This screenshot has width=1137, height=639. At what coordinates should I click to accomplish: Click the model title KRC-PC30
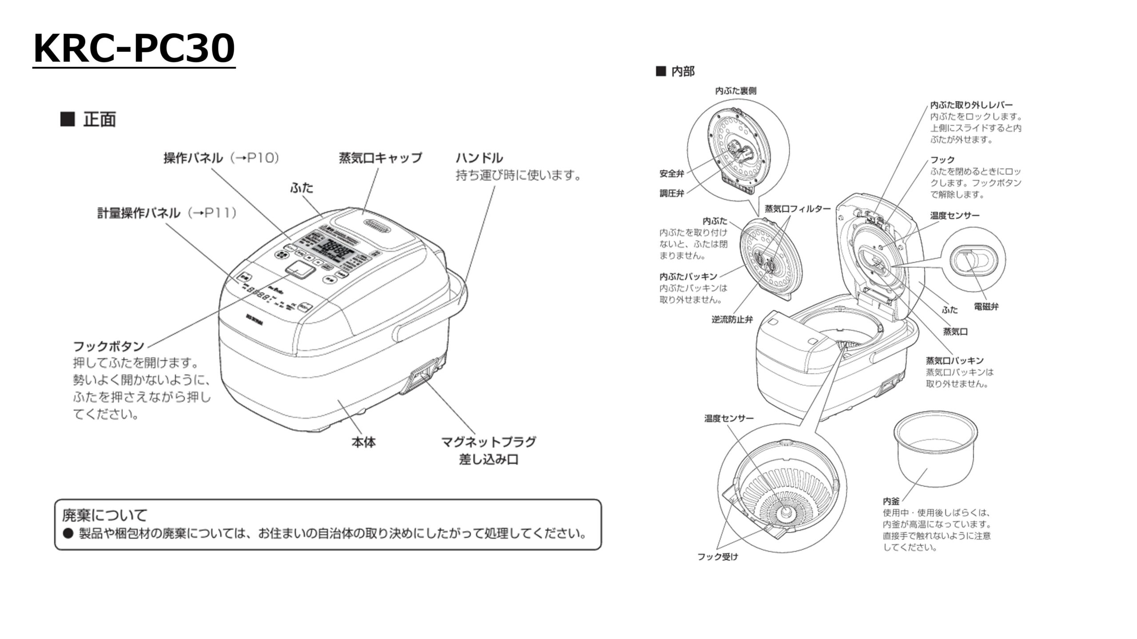click(x=134, y=49)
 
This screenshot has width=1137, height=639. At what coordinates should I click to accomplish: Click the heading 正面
click(x=99, y=119)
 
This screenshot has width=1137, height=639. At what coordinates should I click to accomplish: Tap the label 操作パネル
click(x=193, y=158)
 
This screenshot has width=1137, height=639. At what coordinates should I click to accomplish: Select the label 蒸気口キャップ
click(x=380, y=158)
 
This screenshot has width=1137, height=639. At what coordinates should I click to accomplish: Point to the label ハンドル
click(x=479, y=158)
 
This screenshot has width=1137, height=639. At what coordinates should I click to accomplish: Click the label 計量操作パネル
click(x=139, y=213)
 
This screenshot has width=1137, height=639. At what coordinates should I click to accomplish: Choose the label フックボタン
click(x=108, y=346)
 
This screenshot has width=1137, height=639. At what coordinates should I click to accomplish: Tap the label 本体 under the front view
click(x=363, y=442)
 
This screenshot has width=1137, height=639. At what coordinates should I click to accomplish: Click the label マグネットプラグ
click(x=489, y=442)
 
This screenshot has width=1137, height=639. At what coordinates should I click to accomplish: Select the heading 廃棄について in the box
click(x=105, y=515)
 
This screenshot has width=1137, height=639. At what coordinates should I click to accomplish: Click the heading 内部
click(x=682, y=71)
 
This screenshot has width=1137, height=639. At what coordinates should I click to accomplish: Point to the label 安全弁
click(x=672, y=174)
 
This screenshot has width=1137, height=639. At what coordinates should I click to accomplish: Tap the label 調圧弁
click(x=672, y=193)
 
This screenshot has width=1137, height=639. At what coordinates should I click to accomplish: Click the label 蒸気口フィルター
click(x=797, y=209)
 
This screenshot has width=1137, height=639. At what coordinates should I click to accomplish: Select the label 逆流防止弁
click(x=732, y=319)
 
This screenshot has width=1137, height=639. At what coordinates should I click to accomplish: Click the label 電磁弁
click(x=986, y=306)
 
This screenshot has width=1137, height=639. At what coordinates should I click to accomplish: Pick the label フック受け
click(x=717, y=556)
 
